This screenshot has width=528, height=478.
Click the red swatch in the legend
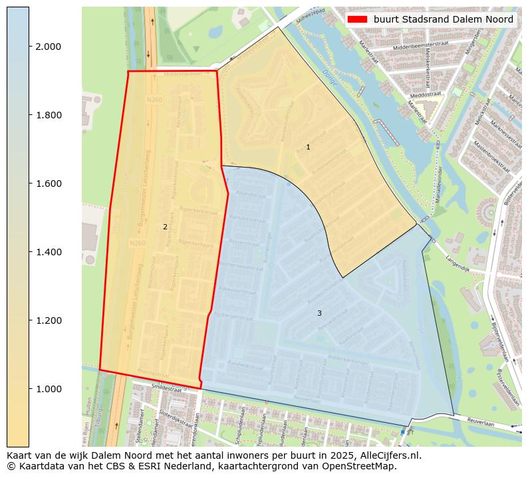(x=358, y=19)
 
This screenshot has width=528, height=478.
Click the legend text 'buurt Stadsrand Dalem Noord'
(x=443, y=19)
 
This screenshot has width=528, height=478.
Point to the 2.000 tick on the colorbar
(x=48, y=47)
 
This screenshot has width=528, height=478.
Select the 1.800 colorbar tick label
(x=48, y=115)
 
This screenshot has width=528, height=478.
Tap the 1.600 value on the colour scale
(x=48, y=183)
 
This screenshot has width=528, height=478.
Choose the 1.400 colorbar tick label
(x=48, y=252)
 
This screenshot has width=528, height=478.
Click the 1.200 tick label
(x=48, y=320)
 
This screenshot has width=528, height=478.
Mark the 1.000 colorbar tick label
(x=48, y=389)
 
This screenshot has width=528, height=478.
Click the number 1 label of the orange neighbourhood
(x=308, y=147)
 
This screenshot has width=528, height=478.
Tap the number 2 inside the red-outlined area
(x=165, y=227)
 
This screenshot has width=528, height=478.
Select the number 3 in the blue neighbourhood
(x=319, y=313)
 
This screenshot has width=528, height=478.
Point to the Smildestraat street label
(x=166, y=387)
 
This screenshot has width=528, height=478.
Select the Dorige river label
(x=332, y=79)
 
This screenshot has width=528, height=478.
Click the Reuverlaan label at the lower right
(x=481, y=421)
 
